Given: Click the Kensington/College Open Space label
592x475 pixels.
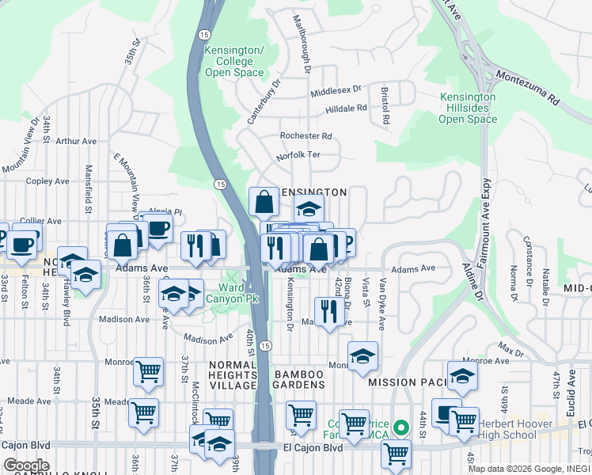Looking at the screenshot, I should coord(233,62).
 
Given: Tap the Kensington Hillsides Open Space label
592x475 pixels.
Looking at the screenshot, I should coord(468,108).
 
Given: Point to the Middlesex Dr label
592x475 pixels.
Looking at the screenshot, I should coord(336,91).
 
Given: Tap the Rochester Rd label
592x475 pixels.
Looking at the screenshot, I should coord(305,136).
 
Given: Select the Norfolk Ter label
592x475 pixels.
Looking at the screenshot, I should coord(298,155).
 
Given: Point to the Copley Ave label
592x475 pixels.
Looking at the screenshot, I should coord(47,181).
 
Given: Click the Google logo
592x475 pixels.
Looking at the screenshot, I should coord(26,465).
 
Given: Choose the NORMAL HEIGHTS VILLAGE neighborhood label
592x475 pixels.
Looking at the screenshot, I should coord(233,374).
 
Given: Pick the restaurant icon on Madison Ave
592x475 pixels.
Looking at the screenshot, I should coord(327,310).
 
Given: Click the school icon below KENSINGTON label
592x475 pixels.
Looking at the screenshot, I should coord(309,208).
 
